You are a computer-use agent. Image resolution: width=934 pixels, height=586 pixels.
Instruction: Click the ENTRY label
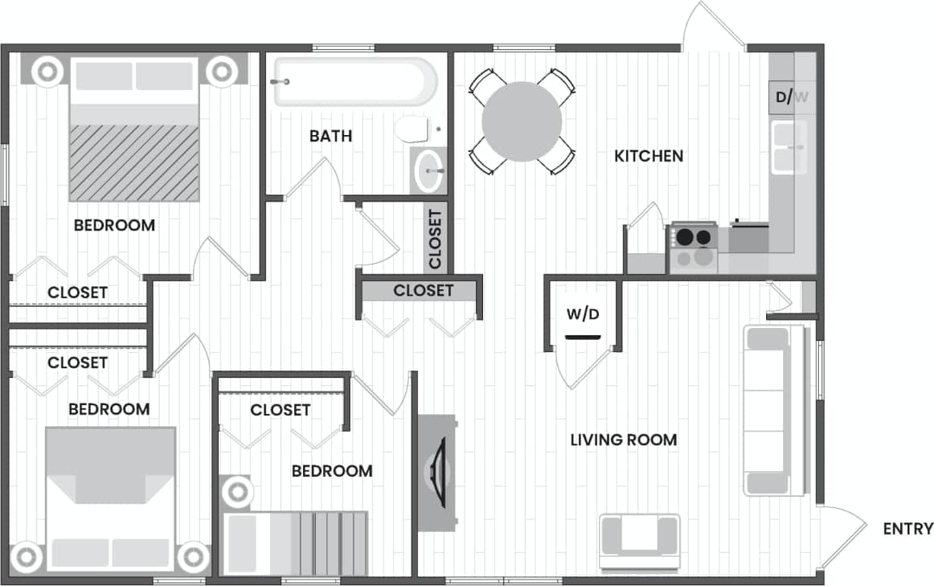click(x=907, y=529)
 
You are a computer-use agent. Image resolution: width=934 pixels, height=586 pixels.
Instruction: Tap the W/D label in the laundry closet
click(x=582, y=313)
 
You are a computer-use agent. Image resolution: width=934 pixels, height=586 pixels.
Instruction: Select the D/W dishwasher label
click(x=792, y=98)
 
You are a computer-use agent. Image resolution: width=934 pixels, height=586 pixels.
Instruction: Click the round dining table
click(x=522, y=122)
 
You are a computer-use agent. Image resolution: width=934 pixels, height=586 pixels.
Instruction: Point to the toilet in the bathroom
click(x=412, y=129)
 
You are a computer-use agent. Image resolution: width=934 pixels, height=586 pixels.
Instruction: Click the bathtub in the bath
click(x=354, y=81)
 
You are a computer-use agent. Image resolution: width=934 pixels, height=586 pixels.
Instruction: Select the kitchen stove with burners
click(x=693, y=248)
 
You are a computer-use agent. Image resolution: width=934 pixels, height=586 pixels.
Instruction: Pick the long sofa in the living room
click(x=775, y=410)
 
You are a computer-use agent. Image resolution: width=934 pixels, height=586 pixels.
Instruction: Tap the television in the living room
click(x=437, y=473)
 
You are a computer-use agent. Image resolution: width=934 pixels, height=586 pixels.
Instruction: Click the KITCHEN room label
click(x=649, y=156)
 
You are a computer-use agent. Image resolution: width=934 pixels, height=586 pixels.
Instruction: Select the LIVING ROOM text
click(x=623, y=440)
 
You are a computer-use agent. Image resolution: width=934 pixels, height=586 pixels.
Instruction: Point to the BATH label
click(x=330, y=136)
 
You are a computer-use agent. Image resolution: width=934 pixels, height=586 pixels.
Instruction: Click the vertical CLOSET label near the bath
click(x=435, y=239)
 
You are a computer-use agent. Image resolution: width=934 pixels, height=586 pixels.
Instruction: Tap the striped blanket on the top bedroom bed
click(x=133, y=162)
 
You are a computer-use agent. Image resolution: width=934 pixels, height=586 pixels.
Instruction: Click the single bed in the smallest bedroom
click(x=294, y=543)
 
